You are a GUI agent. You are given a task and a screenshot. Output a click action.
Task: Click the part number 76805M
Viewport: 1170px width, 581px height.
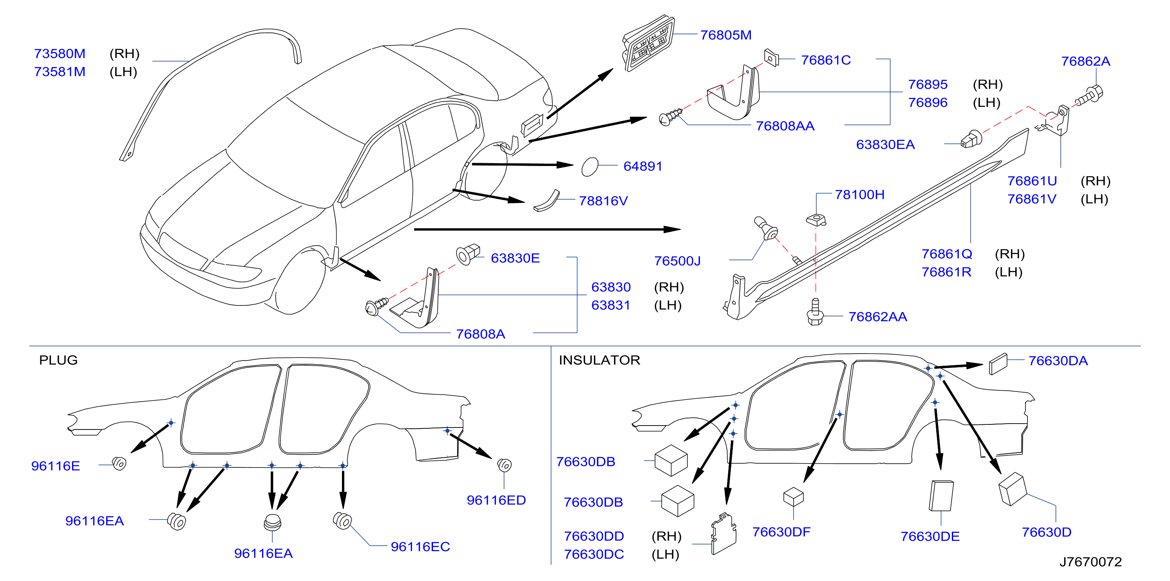tap(726, 35)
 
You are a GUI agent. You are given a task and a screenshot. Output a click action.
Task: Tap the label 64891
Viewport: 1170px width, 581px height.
tap(643, 166)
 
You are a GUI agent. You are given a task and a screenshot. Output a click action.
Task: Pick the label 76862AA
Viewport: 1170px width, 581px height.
tap(877, 316)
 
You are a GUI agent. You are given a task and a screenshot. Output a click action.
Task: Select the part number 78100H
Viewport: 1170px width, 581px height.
tap(860, 194)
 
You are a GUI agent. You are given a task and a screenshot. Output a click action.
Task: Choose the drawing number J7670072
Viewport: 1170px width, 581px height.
tap(1090, 562)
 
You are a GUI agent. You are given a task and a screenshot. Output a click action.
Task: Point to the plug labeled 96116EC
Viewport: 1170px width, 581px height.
tap(342, 520)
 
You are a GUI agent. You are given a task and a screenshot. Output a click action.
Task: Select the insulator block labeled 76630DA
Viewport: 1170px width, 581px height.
tap(998, 364)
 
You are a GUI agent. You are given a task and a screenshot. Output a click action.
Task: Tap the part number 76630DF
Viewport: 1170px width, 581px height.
tap(781, 532)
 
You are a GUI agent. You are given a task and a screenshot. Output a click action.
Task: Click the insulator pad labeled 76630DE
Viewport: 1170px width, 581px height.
tap(941, 496)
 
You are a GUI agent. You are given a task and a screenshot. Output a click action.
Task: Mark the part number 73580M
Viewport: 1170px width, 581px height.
tap(60, 54)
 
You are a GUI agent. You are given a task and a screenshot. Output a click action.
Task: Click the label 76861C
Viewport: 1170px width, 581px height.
tap(826, 60)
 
